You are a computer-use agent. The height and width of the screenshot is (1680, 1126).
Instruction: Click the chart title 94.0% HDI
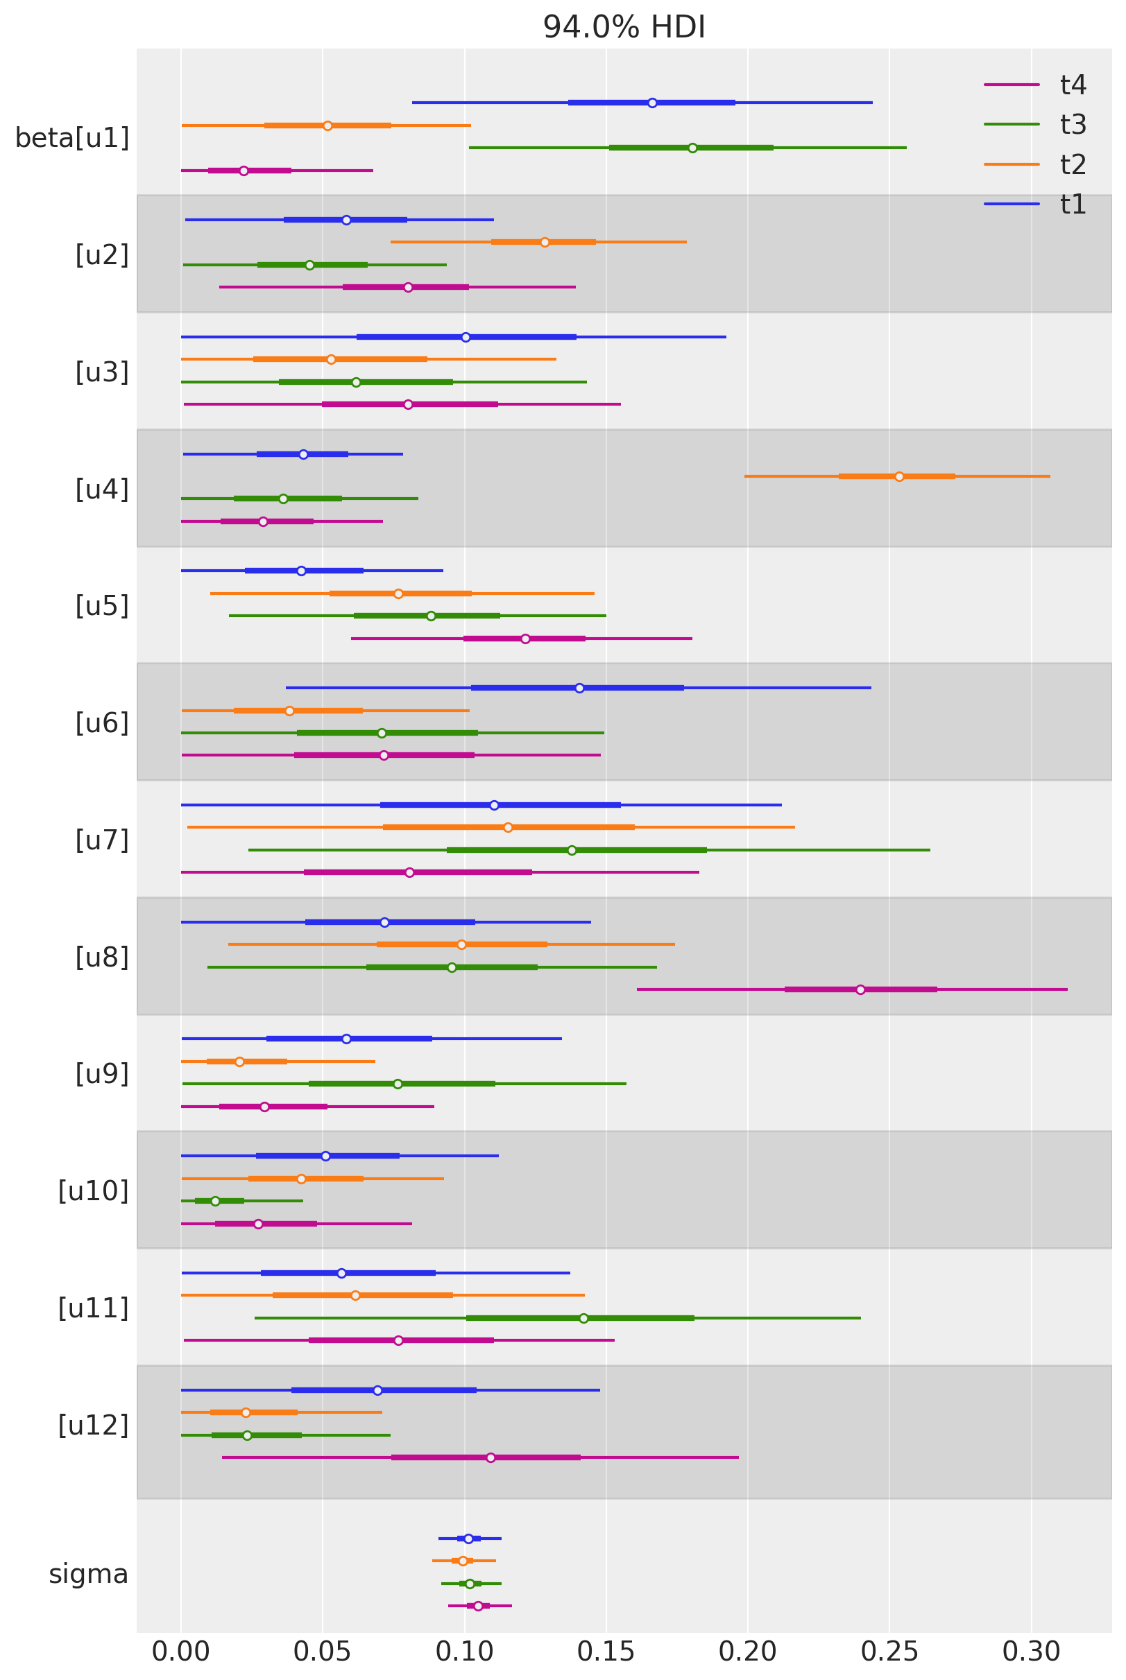coord(623,27)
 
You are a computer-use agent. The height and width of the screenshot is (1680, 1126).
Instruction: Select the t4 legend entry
coord(1073,85)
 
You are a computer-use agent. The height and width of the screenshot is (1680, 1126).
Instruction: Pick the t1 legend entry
coord(1073,205)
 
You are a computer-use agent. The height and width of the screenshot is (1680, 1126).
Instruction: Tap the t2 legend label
coord(1073,165)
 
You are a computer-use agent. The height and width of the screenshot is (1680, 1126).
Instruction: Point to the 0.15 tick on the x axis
coord(606,1652)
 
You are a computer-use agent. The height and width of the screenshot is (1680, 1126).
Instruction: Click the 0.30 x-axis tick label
coord(1031,1652)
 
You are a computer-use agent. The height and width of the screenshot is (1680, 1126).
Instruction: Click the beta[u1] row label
coord(72,138)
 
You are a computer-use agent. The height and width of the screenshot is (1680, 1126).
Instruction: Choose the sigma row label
coord(88,1574)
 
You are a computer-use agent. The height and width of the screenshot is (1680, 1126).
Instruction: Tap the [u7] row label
coord(102,840)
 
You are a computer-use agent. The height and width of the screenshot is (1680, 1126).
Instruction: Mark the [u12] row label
coord(94,1425)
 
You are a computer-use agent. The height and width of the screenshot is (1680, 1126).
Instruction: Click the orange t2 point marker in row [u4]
coord(899,476)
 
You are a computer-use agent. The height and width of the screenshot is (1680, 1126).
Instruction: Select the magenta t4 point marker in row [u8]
coord(860,989)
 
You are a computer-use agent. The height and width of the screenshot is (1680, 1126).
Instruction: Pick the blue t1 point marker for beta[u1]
coord(652,103)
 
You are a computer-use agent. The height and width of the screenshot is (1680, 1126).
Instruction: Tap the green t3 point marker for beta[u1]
coord(692,148)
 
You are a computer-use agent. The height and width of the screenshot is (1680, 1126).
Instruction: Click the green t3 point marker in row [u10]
coord(214,1201)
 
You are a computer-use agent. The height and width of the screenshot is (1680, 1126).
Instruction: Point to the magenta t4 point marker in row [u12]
coord(491,1457)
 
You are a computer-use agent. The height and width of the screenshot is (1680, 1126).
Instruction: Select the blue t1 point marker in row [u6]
coord(579,689)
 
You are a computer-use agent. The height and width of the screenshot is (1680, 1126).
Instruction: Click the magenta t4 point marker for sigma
coord(478,1606)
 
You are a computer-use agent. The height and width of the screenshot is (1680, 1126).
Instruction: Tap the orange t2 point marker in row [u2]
coord(545,243)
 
